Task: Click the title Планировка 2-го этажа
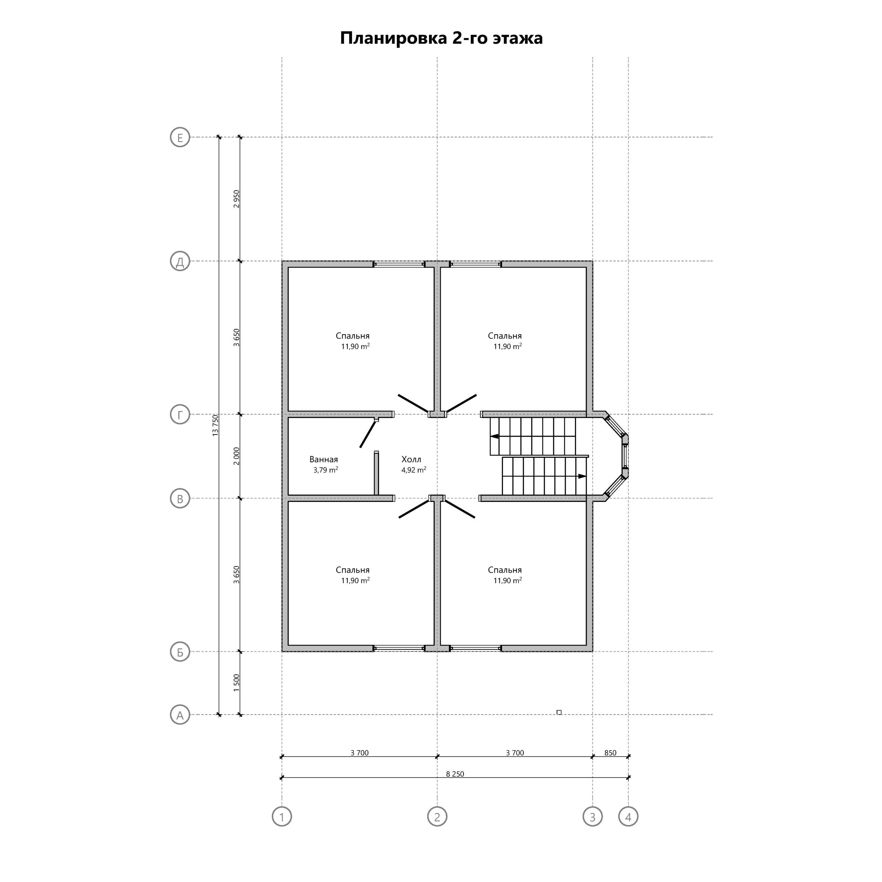pyautogui.click(x=441, y=38)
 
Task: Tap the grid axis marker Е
pyautogui.click(x=180, y=138)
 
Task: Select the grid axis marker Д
pyautogui.click(x=180, y=261)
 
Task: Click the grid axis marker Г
pyautogui.click(x=180, y=415)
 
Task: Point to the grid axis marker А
pyautogui.click(x=180, y=715)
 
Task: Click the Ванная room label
pyautogui.click(x=324, y=460)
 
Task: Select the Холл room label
pyautogui.click(x=411, y=460)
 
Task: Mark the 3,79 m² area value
pyautogui.click(x=326, y=470)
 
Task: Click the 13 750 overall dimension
pyautogui.click(x=215, y=425)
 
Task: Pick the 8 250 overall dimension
pyautogui.click(x=455, y=774)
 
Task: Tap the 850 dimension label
pyautogui.click(x=611, y=753)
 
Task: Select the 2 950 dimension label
pyautogui.click(x=236, y=199)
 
